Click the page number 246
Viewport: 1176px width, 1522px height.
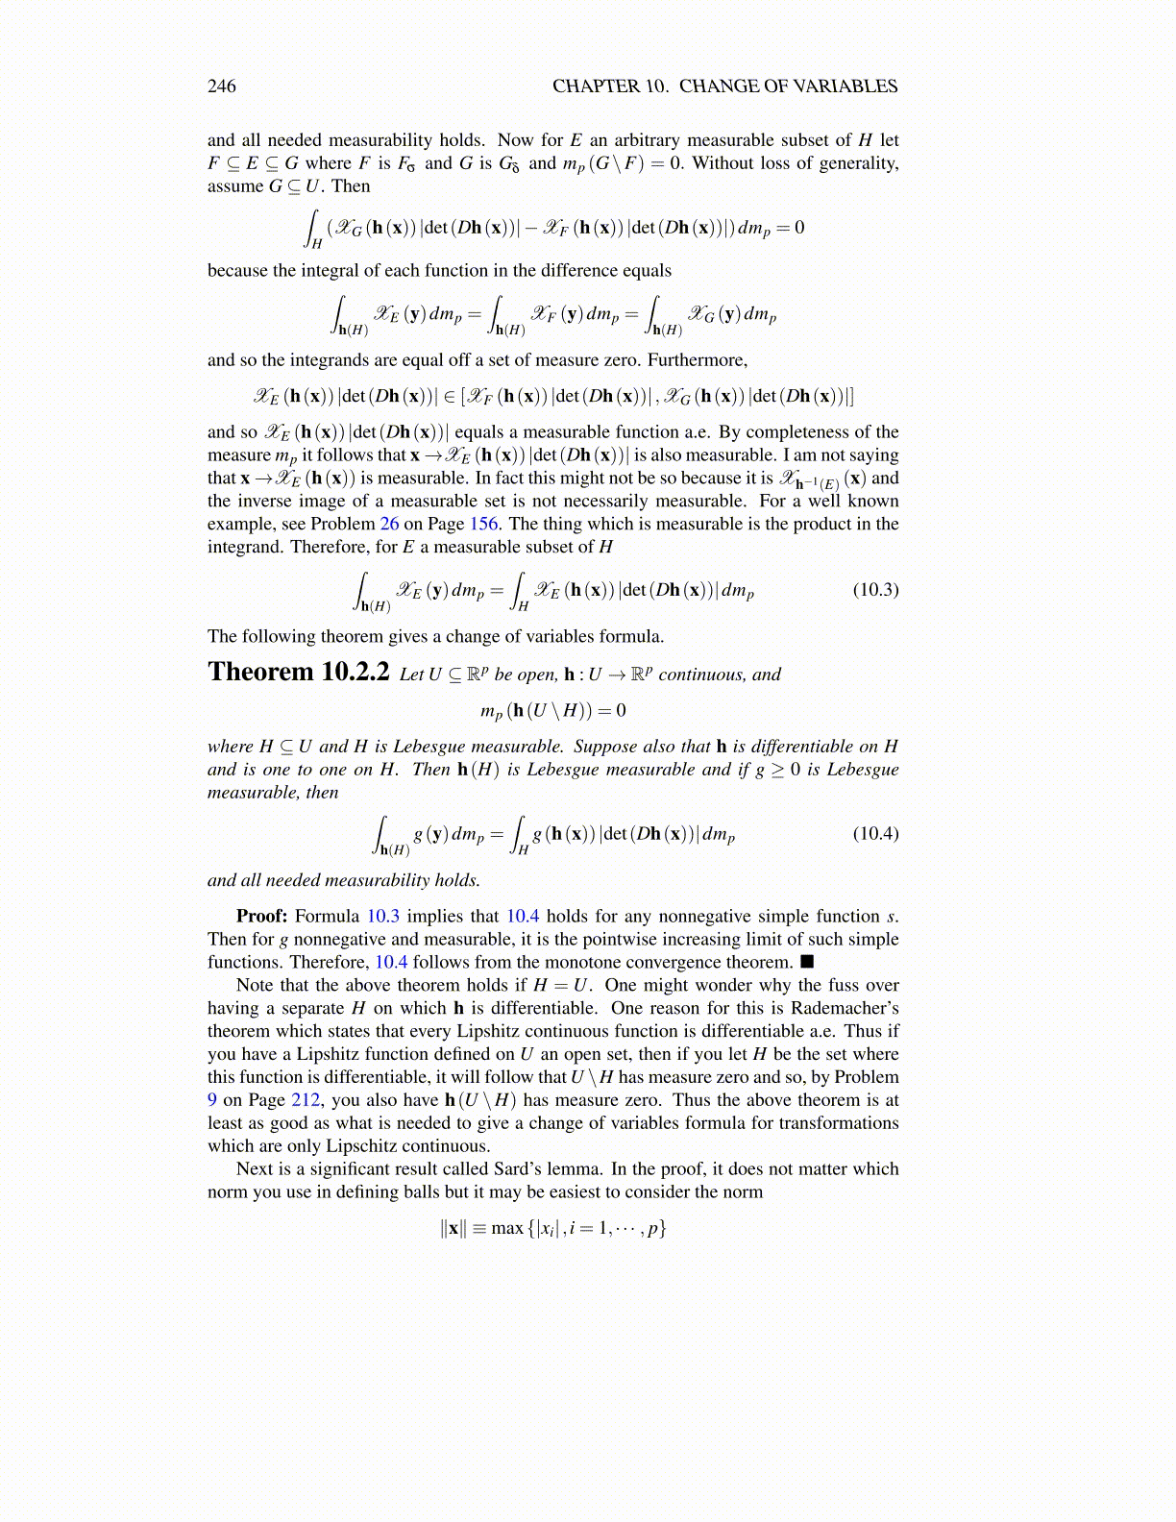pos(221,86)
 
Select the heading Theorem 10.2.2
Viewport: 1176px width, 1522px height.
pos(298,672)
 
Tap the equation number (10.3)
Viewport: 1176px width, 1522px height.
pos(875,590)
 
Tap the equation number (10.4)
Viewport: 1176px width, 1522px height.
pos(875,833)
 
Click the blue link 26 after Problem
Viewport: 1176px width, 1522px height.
pos(389,524)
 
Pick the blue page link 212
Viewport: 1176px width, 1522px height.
pos(306,1100)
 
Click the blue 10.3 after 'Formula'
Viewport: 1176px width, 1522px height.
pos(382,917)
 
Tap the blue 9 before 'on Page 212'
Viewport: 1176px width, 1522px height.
pos(211,1100)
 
